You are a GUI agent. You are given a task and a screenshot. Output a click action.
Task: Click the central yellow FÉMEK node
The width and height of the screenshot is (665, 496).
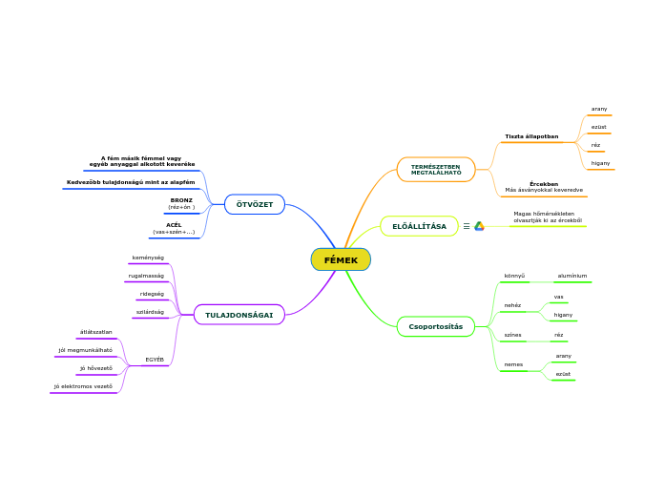[x=341, y=259]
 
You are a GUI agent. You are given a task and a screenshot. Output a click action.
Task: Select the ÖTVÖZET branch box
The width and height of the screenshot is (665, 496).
[x=255, y=204]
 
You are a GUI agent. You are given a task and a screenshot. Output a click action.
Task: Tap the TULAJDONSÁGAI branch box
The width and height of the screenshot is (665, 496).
[x=239, y=315]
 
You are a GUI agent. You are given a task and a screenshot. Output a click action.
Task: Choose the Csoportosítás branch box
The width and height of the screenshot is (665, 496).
[x=435, y=326]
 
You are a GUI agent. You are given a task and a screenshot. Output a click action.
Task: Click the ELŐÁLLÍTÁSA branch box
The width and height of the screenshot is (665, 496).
[x=419, y=226]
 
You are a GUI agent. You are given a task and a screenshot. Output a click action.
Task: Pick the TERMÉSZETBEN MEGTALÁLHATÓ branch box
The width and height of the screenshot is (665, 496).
[x=436, y=170]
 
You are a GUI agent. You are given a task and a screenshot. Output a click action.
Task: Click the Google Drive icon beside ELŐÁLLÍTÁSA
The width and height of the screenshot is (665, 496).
[x=480, y=226]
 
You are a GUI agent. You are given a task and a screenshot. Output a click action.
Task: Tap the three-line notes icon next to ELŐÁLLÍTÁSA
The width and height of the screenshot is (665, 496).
[x=467, y=226]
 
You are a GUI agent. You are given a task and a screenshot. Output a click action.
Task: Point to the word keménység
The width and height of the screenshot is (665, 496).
[x=148, y=258]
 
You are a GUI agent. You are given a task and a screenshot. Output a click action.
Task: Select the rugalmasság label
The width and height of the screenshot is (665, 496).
[x=146, y=276]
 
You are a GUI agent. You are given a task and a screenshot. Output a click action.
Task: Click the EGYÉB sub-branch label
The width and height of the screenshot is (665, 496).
[x=155, y=360]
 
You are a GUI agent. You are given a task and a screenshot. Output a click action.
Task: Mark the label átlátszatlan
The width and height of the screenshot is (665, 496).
[x=95, y=332]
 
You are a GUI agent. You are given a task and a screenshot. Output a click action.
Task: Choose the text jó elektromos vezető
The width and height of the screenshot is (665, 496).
[x=83, y=386]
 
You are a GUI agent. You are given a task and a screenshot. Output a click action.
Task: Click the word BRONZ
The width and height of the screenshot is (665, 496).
[x=181, y=200]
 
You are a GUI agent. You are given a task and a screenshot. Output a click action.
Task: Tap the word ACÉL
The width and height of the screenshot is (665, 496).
[x=174, y=225]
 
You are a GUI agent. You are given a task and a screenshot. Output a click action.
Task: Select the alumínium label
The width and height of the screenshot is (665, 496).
[x=572, y=276]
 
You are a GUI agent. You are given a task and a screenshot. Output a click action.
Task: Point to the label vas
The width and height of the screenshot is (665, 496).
[x=558, y=297]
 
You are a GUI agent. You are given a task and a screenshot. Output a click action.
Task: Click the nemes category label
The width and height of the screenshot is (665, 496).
[x=513, y=364]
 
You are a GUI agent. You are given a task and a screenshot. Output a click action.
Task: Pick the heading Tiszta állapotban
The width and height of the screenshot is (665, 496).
[x=531, y=136]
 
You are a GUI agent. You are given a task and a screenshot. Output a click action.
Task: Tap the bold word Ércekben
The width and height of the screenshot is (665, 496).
[x=544, y=183]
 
